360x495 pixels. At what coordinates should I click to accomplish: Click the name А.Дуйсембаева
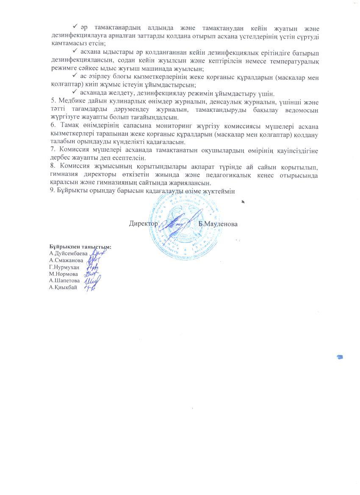tap(68, 253)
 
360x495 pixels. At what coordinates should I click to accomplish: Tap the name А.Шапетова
tap(64, 280)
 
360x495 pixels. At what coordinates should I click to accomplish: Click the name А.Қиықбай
tap(63, 287)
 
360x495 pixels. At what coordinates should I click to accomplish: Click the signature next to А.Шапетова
tap(92, 280)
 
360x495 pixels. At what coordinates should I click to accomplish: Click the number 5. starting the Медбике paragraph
tap(52, 101)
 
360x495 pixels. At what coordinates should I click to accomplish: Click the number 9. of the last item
tap(52, 191)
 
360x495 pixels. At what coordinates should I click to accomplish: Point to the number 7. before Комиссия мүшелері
tap(52, 151)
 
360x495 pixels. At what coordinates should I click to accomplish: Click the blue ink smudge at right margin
tap(339, 357)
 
